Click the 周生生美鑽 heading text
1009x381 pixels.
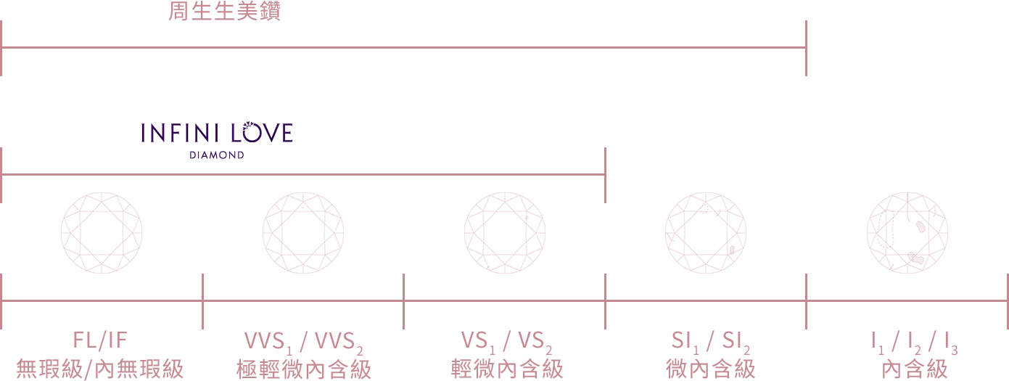[x=224, y=11]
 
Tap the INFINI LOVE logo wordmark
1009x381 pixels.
[x=217, y=132]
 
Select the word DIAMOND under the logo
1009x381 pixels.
[x=217, y=155]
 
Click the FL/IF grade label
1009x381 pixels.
[x=100, y=340]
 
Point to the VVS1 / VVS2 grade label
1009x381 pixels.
[x=304, y=343]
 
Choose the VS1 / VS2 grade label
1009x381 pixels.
[x=506, y=343]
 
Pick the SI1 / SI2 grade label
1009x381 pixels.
[x=710, y=343]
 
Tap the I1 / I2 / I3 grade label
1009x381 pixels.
[x=915, y=343]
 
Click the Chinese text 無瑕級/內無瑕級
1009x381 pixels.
[x=100, y=369]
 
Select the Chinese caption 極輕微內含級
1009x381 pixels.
[x=304, y=369]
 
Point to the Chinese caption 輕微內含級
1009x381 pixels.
[x=507, y=369]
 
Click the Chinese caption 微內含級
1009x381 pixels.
[x=710, y=369]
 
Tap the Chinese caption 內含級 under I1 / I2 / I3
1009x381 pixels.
[x=915, y=369]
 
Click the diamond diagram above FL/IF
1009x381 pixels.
[x=102, y=233]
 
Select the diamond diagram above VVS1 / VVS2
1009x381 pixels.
[x=303, y=233]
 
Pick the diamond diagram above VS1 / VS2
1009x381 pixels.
[x=505, y=233]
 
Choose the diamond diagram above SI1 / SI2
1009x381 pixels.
[x=706, y=233]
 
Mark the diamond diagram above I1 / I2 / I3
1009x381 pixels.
[x=907, y=233]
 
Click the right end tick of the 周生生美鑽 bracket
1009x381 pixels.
[x=807, y=48]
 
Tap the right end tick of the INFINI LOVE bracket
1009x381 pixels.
[x=606, y=175]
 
